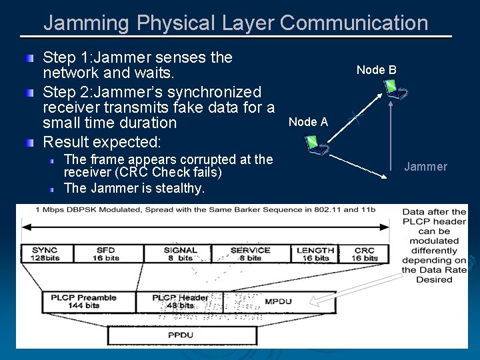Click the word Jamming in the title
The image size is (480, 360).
click(x=87, y=23)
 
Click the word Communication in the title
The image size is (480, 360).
click(x=354, y=23)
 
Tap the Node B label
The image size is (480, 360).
click(x=376, y=70)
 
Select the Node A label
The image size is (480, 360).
click(x=308, y=121)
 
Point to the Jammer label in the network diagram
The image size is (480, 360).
click(x=425, y=167)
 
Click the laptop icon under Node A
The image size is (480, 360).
click(x=314, y=143)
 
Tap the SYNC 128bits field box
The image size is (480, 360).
click(x=44, y=254)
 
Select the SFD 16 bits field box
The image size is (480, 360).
click(x=105, y=254)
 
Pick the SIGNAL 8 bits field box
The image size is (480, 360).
click(x=180, y=254)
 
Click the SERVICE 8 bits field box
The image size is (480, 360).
click(x=250, y=254)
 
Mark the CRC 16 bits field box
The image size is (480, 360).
click(x=365, y=254)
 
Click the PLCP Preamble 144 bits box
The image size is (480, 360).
click(x=83, y=301)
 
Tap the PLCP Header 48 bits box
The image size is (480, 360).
click(x=179, y=301)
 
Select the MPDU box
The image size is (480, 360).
click(x=277, y=301)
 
